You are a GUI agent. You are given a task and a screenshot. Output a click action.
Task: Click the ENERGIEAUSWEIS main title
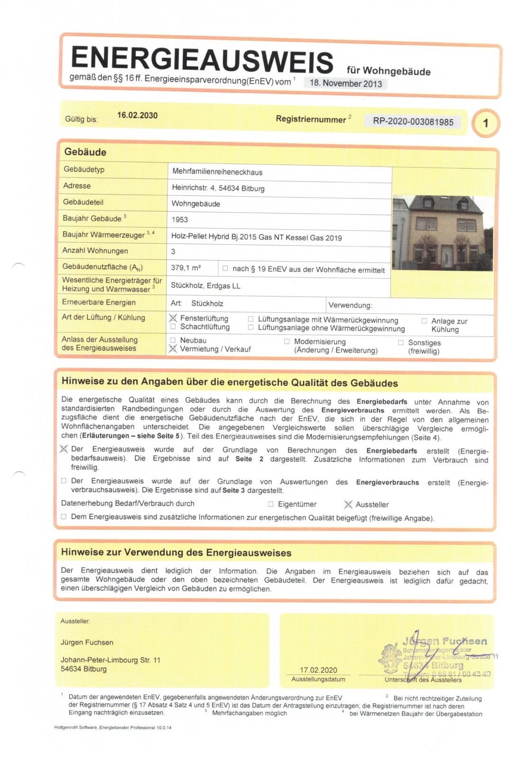tap(202, 60)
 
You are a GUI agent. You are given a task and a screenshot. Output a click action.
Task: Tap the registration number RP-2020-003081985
tap(413, 121)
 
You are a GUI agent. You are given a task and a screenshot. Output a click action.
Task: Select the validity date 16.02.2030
tap(137, 115)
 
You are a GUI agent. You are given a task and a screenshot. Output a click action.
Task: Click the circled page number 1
tap(485, 123)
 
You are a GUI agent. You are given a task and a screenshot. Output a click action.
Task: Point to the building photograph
tap(442, 233)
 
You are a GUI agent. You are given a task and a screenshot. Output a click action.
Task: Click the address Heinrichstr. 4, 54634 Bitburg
tap(218, 188)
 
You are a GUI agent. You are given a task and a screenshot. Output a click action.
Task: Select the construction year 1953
tap(180, 219)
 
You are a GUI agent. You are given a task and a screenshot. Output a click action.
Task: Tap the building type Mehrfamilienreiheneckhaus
tap(217, 172)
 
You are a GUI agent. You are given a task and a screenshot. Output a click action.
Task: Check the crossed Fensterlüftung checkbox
tap(173, 318)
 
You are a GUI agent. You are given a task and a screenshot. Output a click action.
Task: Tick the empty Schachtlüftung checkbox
tap(173, 326)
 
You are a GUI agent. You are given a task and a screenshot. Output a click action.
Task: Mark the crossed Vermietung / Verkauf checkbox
tap(173, 349)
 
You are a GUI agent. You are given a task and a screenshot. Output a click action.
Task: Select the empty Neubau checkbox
tap(173, 340)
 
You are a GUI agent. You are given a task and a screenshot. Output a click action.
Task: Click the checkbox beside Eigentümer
tap(270, 504)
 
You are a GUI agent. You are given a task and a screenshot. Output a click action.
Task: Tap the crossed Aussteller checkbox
tap(348, 505)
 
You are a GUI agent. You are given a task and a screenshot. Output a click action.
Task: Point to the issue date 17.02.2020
tap(318, 670)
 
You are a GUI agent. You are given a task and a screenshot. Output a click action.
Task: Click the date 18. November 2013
tap(346, 83)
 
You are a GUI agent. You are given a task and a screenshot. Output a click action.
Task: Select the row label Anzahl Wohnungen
tap(95, 251)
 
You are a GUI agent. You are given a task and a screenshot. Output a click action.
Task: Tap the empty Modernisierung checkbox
tap(287, 341)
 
